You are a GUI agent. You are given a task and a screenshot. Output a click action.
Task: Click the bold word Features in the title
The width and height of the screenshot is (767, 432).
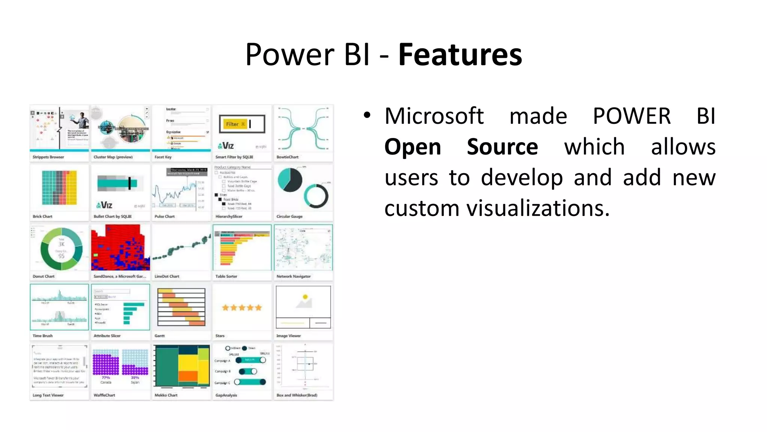coord(460,55)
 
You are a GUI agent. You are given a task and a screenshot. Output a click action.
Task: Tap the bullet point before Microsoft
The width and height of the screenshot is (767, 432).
coord(367,116)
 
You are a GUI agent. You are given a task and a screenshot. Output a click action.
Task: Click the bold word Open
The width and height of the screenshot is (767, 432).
coord(412,147)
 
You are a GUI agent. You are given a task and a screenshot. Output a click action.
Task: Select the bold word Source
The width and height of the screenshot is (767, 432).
coord(502,147)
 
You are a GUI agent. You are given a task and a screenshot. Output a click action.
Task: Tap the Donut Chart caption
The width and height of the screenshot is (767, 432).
coord(43,276)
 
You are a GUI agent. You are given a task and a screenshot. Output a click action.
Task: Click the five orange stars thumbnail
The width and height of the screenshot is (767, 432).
coord(242,308)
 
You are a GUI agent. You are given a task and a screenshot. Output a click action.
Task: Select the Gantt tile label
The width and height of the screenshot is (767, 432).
coord(160,336)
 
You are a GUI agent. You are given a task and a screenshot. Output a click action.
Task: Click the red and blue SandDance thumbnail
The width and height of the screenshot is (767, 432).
coord(120,247)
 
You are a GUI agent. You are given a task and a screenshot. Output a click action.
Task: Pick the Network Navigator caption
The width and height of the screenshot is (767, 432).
coord(293,276)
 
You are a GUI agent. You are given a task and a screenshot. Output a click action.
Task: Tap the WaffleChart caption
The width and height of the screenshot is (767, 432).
coord(104,395)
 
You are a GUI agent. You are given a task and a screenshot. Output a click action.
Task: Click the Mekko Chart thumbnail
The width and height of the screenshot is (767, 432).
coord(182,366)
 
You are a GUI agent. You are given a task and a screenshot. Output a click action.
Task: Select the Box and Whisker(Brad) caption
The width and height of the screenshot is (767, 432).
coord(297,395)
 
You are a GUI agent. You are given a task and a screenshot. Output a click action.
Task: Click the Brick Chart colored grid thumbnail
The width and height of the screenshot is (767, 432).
coord(59,187)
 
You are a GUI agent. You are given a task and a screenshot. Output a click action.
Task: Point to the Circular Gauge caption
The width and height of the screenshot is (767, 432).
coord(289,216)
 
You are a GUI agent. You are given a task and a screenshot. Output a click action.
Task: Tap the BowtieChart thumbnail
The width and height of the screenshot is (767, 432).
coord(303,129)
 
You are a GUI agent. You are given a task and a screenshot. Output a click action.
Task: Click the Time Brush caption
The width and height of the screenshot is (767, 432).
coord(42,336)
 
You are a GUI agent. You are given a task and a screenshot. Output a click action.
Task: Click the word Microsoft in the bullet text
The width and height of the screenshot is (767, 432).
coord(434,116)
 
